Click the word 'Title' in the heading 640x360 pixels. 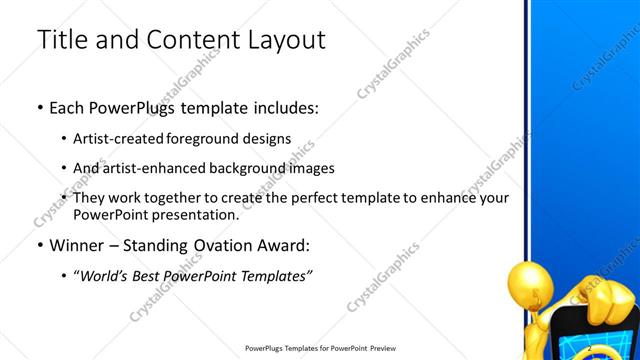(61, 41)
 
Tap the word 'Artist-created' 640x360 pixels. (120, 139)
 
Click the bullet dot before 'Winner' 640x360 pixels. (39, 246)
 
